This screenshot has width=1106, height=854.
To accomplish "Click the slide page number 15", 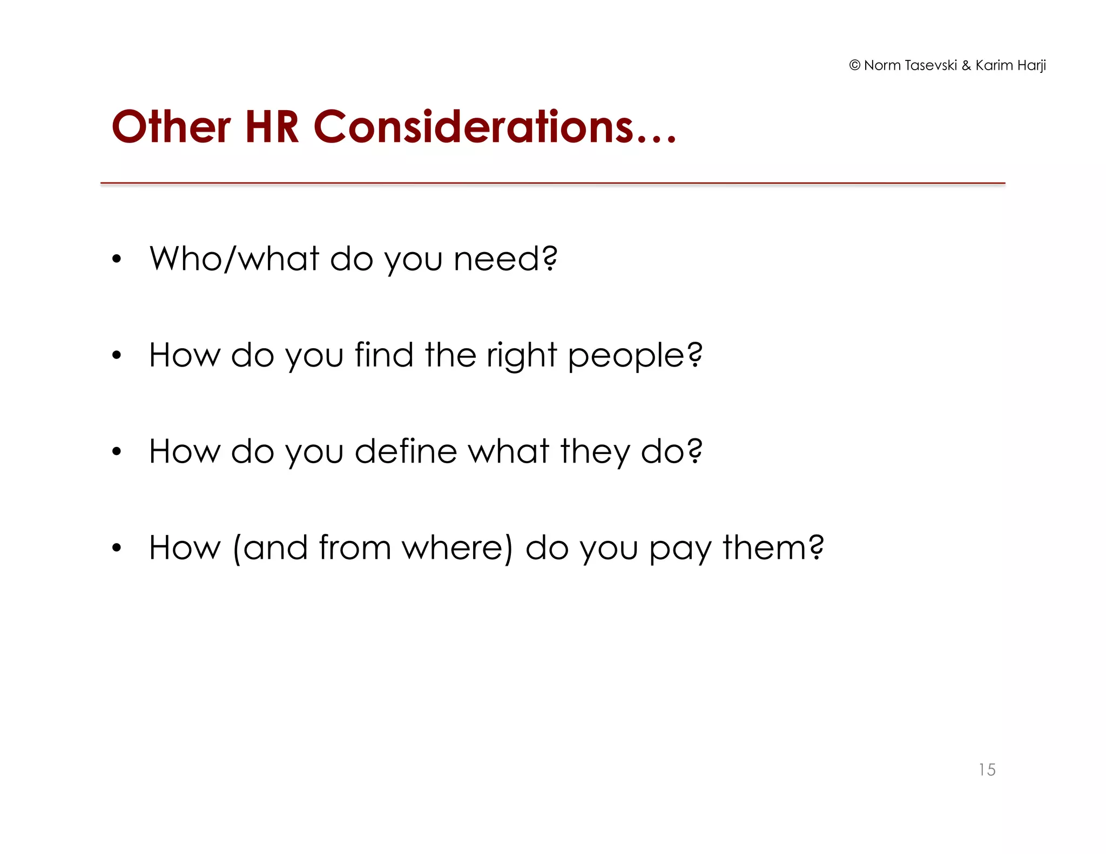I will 987,769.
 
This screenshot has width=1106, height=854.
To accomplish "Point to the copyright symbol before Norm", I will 854,65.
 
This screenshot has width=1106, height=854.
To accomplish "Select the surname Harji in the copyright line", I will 1031,65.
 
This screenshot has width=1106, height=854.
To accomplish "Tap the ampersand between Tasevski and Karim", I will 966,65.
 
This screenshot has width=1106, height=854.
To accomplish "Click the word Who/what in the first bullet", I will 234,259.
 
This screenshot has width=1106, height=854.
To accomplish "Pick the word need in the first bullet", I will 496,259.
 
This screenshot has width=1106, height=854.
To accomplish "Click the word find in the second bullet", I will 384,355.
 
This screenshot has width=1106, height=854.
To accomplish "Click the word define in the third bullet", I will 406,451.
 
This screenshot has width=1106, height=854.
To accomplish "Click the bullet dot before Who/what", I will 117,260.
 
